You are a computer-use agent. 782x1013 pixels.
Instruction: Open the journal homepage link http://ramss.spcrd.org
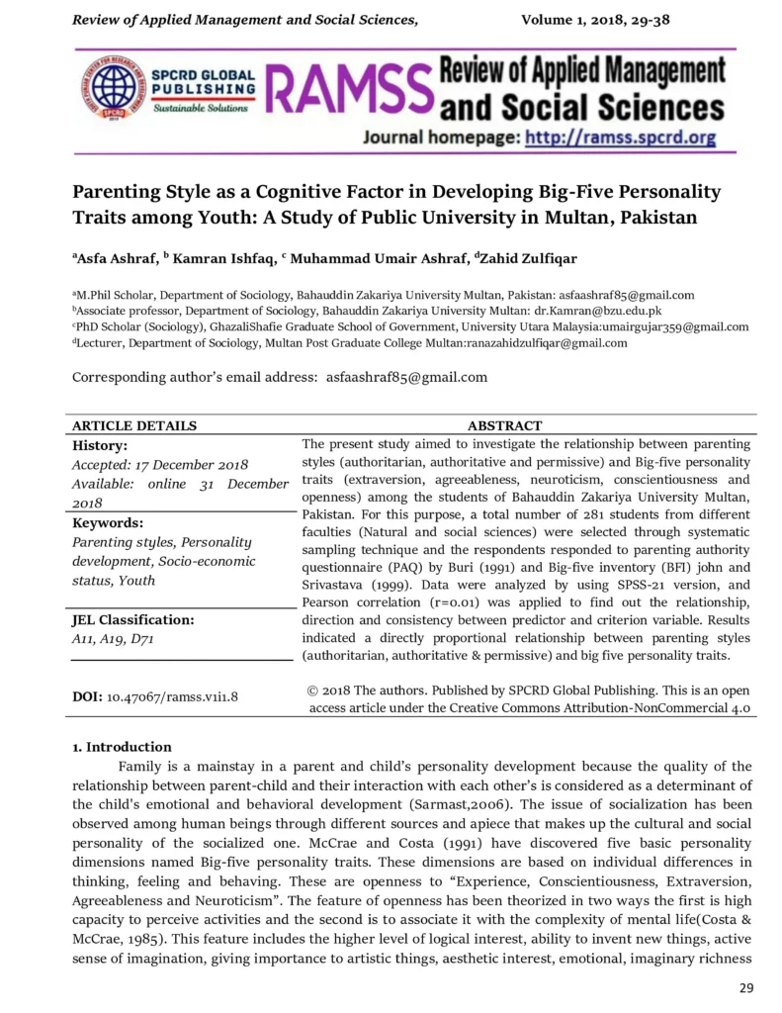620,138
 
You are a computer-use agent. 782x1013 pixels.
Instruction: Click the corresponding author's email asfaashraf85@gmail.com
406,377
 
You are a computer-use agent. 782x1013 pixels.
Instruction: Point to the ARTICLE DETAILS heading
134,425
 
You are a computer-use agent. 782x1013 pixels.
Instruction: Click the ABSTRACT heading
504,425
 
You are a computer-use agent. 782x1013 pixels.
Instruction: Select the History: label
100,446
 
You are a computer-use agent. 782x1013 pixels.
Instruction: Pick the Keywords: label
108,522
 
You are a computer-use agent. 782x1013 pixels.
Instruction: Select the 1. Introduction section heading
123,747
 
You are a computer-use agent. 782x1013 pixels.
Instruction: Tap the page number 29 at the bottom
746,987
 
